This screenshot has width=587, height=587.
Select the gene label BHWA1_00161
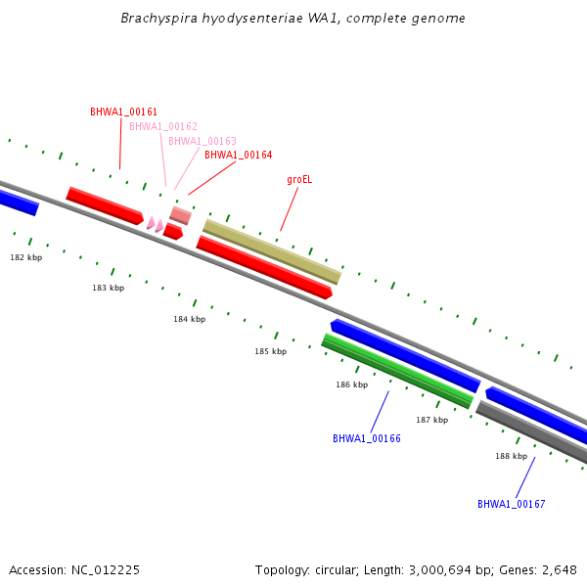click(x=123, y=113)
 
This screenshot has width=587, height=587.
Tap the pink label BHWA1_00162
click(x=163, y=126)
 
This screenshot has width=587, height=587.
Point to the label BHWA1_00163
click(x=203, y=141)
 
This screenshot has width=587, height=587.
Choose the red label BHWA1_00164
click(x=238, y=155)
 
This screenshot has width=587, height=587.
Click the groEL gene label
click(x=299, y=180)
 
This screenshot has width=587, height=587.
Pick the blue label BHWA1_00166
click(x=367, y=438)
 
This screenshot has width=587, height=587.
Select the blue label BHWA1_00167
click(x=511, y=504)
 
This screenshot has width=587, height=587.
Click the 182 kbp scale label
click(x=26, y=257)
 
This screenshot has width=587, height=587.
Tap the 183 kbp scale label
click(x=109, y=288)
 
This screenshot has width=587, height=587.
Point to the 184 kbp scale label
click(x=190, y=319)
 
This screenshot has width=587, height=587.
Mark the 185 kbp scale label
click(x=271, y=351)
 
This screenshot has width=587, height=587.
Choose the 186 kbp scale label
click(x=351, y=384)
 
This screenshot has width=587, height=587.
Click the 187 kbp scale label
click(x=431, y=420)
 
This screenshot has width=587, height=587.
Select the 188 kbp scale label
click(x=511, y=456)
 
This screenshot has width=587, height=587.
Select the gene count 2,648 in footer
click(x=558, y=569)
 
